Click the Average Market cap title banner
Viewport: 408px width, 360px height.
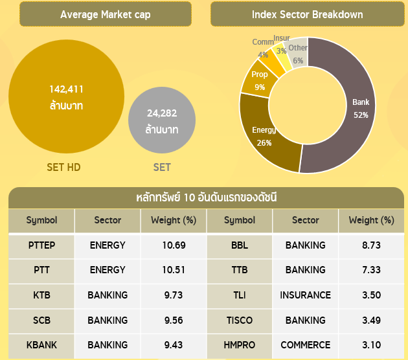105,14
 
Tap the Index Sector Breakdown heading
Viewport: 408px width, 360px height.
307,14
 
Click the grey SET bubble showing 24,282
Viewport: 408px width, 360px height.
161,121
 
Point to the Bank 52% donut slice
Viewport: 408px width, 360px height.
353,123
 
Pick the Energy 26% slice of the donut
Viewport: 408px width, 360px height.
266,139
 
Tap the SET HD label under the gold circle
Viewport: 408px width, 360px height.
63,167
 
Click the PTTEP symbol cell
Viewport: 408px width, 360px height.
41,245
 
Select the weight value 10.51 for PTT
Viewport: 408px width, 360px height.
173,270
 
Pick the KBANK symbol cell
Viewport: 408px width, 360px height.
41,345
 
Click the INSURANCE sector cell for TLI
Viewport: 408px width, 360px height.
305,295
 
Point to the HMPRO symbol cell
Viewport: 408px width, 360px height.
240,345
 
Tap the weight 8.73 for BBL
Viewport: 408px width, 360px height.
371,245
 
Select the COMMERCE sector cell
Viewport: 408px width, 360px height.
305,345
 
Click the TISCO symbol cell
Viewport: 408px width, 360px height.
240,320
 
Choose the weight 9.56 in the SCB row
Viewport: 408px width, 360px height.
173,320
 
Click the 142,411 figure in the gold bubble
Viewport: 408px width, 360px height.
67,89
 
